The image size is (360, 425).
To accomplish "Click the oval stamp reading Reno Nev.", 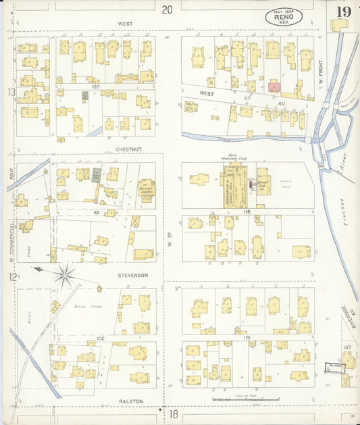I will [279, 17].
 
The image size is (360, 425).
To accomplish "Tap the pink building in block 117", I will [274, 86].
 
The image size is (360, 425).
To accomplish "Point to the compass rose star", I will [66, 274].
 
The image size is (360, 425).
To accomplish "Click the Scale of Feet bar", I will [245, 399].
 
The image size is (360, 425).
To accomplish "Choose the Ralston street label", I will [131, 401].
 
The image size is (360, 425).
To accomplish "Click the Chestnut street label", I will [126, 143].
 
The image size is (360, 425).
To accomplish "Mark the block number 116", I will [228, 212].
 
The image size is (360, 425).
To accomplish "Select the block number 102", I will [101, 337].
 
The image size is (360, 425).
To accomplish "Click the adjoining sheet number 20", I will [168, 9].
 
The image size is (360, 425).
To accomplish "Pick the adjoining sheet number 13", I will [11, 92].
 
